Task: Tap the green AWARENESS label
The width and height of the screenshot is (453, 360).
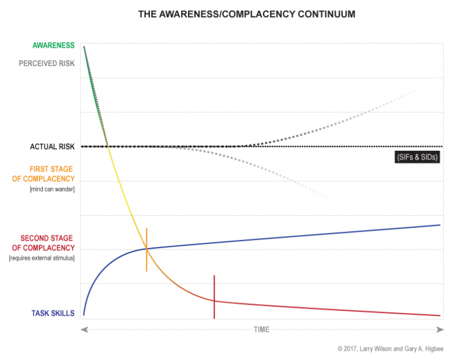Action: [x=52, y=45]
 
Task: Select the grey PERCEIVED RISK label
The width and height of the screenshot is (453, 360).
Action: [x=48, y=63]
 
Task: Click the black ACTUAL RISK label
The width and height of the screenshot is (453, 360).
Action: [x=52, y=147]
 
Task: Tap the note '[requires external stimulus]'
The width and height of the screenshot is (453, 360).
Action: [x=41, y=258]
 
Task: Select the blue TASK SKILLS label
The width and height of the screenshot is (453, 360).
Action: [x=53, y=313]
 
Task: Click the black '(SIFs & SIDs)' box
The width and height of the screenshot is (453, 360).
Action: [x=417, y=157]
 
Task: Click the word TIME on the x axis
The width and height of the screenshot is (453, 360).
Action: [x=261, y=329]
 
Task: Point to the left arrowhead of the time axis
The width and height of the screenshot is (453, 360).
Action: [x=84, y=329]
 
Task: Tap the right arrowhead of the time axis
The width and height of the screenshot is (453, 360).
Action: [x=440, y=329]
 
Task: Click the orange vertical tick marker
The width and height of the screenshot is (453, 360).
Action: [x=146, y=249]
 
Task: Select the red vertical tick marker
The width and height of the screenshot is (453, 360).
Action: [x=214, y=297]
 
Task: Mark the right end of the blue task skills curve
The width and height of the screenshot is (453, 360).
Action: [x=440, y=225]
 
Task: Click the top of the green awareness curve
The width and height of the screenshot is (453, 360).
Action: [x=84, y=47]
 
